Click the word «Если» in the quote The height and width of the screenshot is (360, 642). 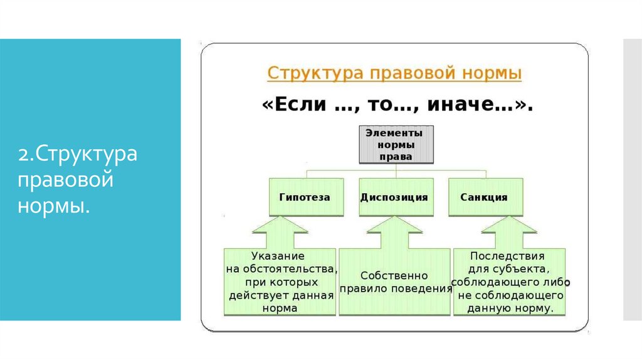coord(292,105)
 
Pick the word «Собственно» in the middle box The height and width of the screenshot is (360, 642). coord(394,275)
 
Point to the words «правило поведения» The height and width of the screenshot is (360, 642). coord(396,289)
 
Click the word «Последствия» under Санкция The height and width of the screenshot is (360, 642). coord(507,256)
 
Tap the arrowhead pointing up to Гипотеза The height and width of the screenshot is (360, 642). coord(279,228)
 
